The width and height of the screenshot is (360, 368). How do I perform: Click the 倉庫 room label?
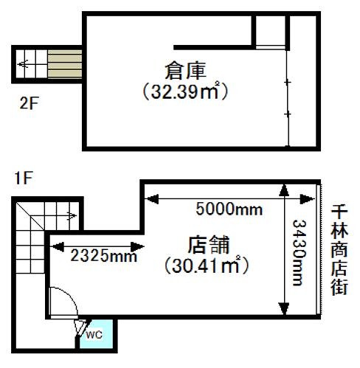pos(185,71)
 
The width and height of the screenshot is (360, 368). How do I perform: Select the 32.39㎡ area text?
pos(185,91)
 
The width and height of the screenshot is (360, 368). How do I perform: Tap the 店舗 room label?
pos(209,245)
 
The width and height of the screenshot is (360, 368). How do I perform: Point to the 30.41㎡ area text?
pos(206,265)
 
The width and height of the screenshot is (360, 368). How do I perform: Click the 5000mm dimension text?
pos(229,209)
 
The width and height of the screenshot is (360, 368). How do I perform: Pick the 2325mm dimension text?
pos(104,256)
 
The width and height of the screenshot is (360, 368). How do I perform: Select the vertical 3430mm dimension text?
pos(299,252)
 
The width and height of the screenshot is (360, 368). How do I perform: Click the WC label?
pos(94,335)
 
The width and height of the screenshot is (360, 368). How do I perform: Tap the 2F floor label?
pos(30,103)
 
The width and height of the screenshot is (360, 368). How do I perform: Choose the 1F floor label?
pos(24,178)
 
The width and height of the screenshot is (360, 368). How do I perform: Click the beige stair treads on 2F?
pos(65,64)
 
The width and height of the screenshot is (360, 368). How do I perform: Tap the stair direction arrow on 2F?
pos(24,64)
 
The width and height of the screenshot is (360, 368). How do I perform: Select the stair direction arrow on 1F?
pos(72,216)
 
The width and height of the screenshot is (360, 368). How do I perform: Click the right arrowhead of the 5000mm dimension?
pos(307,199)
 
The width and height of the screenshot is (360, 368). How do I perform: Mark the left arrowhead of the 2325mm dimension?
pos(58,246)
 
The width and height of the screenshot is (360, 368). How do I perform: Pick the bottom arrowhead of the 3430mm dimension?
pos(284,308)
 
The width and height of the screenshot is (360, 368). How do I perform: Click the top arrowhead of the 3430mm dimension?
pos(284,191)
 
